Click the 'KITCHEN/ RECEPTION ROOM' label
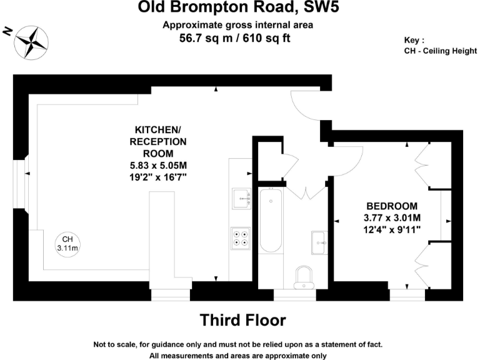tap(157, 141)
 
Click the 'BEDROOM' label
tap(392, 206)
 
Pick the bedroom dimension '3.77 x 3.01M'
tap(392, 217)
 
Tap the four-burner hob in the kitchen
tap(240, 237)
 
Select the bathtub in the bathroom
tap(271, 222)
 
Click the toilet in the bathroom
tap(304, 275)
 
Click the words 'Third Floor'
tap(242, 320)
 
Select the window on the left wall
tap(21, 183)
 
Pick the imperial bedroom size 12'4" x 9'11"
tap(392, 229)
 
